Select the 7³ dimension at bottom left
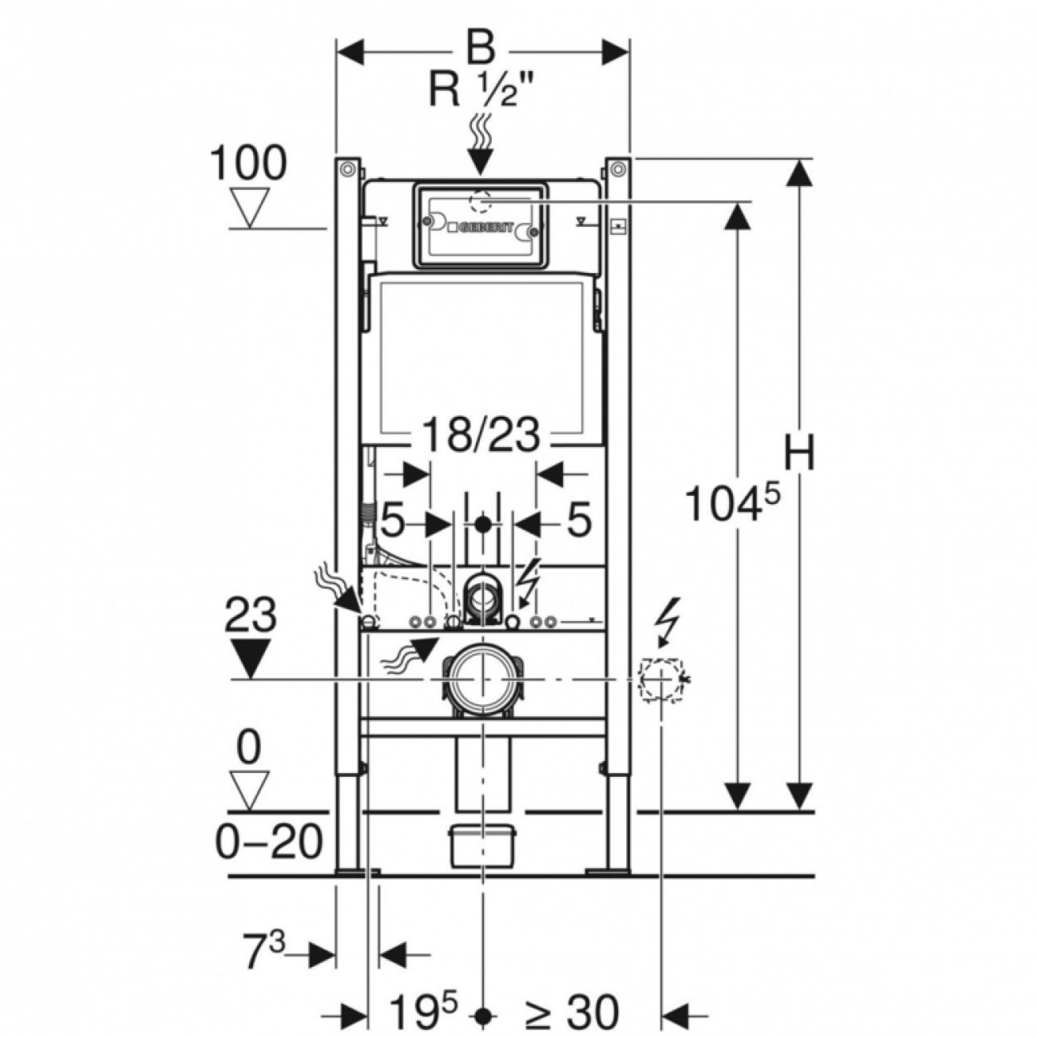point(263,953)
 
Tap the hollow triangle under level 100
point(251,208)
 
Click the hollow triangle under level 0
point(250,789)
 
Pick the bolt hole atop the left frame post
point(346,169)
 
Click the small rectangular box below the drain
point(482,846)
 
